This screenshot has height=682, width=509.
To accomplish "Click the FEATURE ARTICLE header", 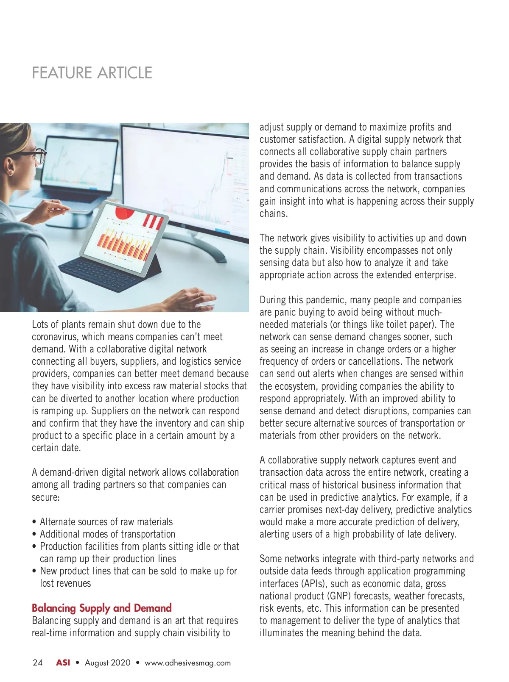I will [92, 73].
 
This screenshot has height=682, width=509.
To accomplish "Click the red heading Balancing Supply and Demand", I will [101, 608].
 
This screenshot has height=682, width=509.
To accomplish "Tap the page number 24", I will [37, 663].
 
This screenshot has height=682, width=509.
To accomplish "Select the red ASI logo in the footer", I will [63, 663].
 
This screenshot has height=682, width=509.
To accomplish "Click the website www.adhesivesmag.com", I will [187, 663].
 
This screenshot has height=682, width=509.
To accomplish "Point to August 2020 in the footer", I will [108, 663].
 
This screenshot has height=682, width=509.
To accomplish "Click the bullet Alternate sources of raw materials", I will [106, 522].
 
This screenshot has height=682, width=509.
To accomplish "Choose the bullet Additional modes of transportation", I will [107, 534].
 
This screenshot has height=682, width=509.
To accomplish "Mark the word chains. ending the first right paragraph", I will [274, 213].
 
